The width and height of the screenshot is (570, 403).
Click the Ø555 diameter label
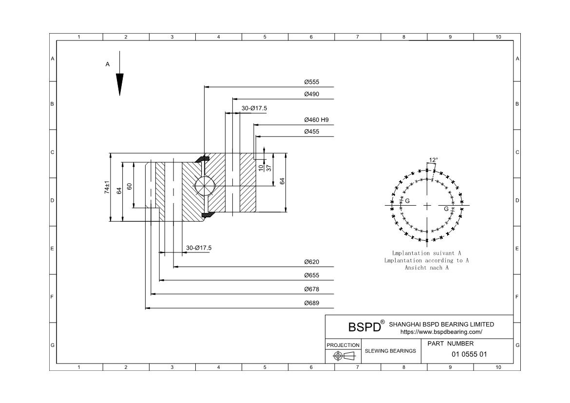311,82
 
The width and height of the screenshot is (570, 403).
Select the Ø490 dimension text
311,94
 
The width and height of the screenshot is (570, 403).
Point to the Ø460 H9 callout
316,120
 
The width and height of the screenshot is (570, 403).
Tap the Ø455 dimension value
311,132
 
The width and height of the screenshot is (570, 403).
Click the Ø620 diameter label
311,262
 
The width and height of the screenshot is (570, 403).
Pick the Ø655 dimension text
311,275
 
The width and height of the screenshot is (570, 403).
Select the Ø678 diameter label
311,289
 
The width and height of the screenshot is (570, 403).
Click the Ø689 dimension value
311,303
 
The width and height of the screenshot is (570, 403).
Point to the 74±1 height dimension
107,188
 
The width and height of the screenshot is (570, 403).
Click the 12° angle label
433,160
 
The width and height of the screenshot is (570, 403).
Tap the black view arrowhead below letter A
119,84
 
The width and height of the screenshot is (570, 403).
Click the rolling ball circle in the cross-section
204,186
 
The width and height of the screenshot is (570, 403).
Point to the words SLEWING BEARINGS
390,351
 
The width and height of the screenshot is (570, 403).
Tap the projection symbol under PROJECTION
343,356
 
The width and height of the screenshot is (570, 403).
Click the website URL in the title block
441,332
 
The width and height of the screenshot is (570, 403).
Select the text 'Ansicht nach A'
426,268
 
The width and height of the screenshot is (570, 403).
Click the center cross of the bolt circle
427,206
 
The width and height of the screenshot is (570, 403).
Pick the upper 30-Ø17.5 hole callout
254,108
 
